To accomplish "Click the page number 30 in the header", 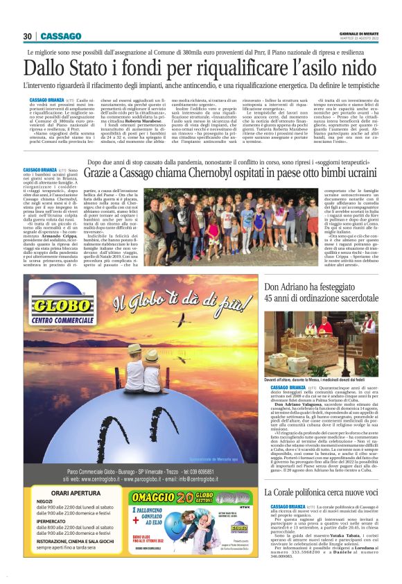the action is coord(28,36).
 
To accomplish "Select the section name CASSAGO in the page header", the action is coord(60,36).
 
